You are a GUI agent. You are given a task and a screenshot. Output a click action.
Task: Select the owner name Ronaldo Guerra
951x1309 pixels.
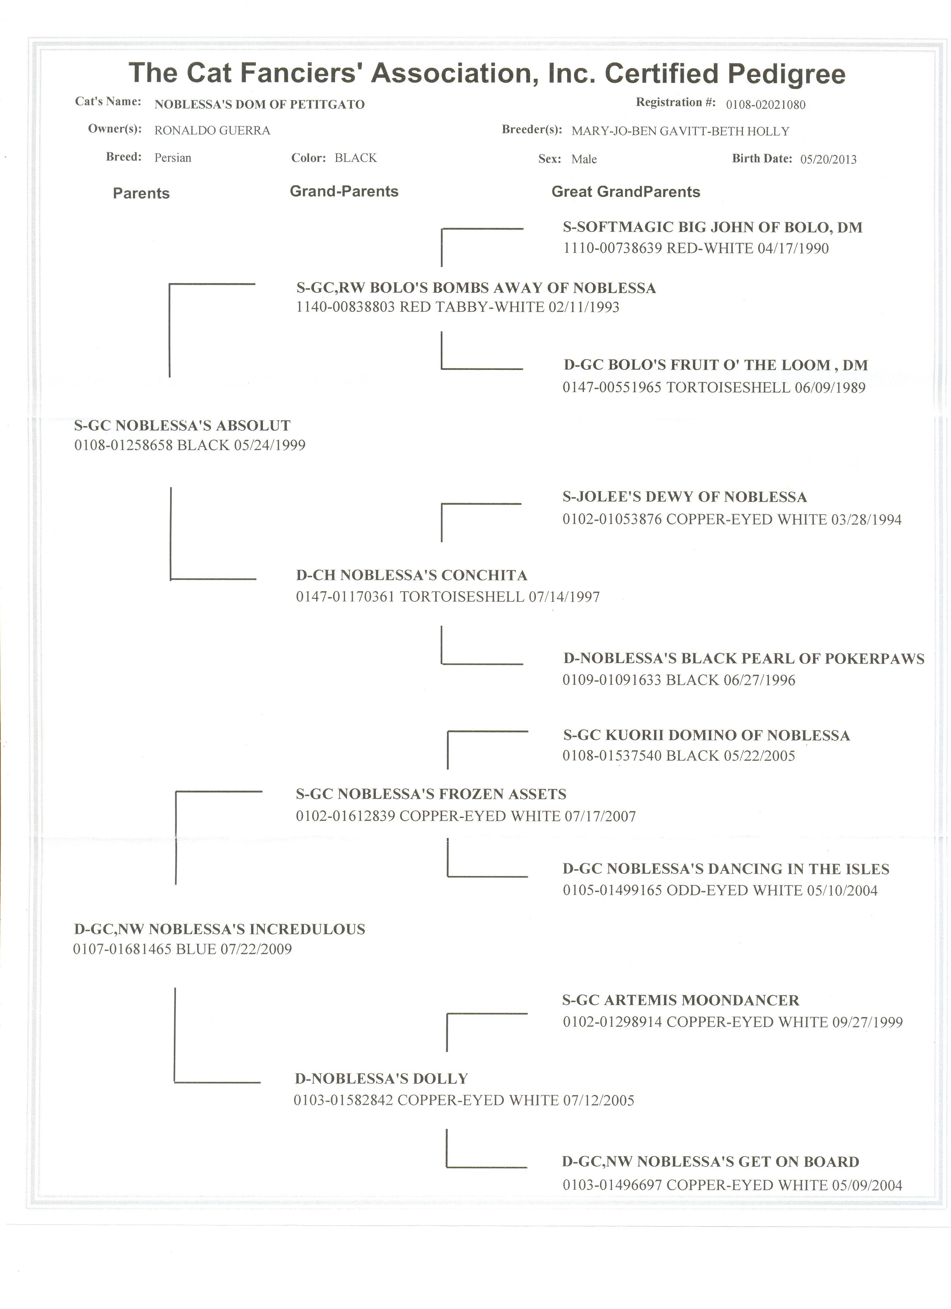(x=212, y=131)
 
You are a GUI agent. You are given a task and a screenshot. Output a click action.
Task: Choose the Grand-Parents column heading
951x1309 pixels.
(x=344, y=192)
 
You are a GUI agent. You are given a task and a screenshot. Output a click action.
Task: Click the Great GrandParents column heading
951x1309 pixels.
(x=625, y=192)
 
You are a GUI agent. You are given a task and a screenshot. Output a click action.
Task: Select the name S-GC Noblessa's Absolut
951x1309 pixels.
(x=182, y=426)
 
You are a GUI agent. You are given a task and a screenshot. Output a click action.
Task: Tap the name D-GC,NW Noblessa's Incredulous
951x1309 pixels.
(x=219, y=929)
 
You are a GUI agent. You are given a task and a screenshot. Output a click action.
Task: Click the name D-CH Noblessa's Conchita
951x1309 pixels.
(x=411, y=575)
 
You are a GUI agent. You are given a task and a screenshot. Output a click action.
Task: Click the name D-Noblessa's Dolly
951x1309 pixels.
(x=381, y=1079)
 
